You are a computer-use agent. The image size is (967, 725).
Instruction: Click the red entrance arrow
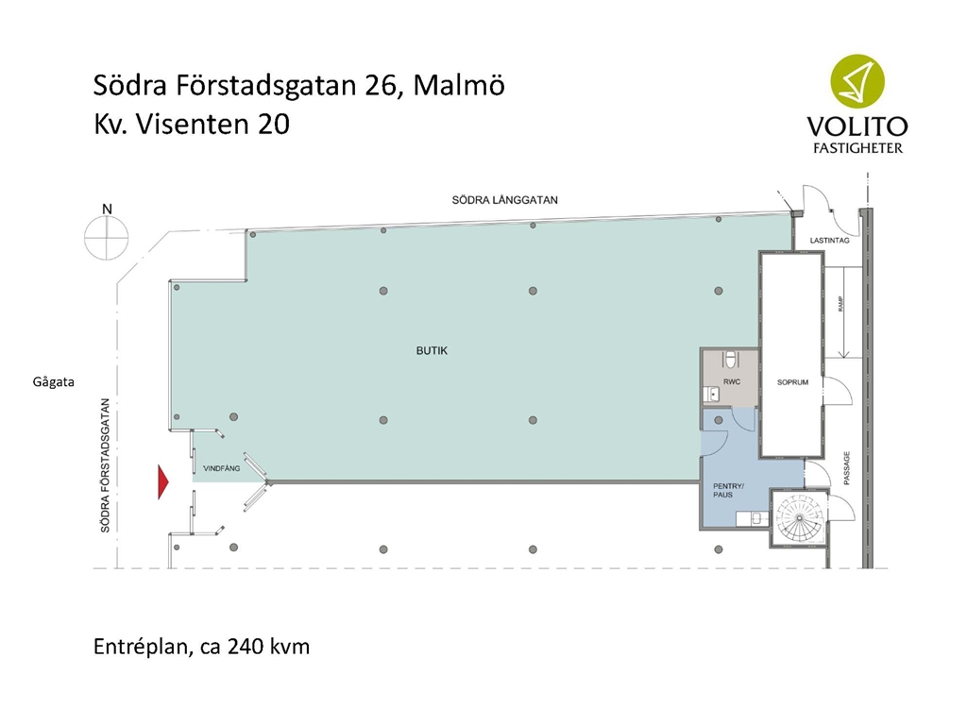163,481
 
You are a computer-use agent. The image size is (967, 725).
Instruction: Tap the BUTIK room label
432,351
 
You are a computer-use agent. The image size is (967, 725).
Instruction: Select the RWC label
732,382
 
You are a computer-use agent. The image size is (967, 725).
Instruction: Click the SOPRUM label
792,382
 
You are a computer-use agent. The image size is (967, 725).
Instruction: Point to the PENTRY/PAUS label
728,490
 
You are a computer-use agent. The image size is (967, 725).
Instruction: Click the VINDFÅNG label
221,468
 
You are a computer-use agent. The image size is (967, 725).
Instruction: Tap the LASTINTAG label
829,241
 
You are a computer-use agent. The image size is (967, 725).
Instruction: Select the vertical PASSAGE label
847,468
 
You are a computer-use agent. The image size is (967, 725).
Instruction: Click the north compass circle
107,238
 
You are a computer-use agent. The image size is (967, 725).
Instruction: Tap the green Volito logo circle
857,81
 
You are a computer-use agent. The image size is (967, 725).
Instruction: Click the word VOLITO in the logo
857,126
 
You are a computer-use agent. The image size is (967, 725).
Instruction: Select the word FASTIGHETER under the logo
857,148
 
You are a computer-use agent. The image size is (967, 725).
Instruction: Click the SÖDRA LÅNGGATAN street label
504,200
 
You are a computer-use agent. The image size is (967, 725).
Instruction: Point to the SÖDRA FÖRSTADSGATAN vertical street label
106,465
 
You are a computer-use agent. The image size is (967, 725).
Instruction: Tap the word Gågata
54,382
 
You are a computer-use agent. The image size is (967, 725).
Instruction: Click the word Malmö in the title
459,85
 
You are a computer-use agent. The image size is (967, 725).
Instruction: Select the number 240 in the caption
245,647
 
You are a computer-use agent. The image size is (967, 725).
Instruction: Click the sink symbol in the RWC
711,394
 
